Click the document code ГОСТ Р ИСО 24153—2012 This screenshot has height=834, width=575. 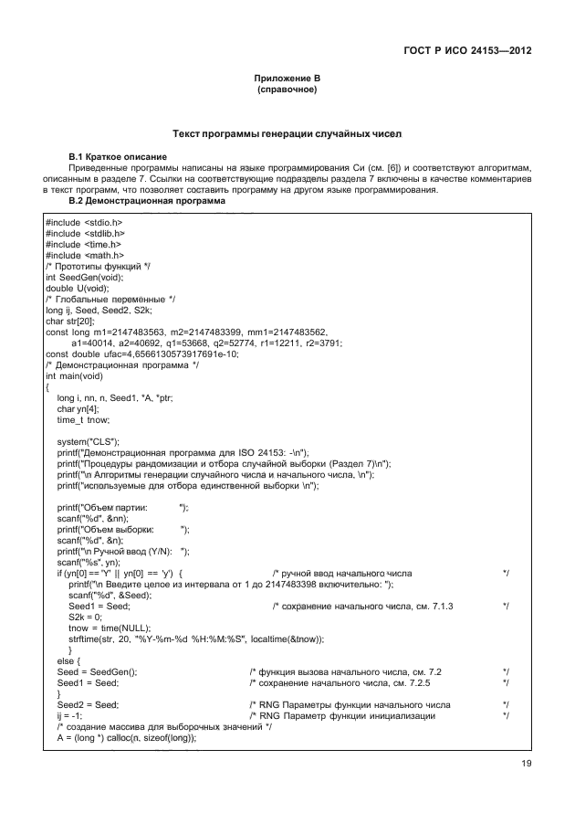[467, 52]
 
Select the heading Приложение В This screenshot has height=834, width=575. [287, 81]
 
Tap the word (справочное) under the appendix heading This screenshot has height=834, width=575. [287, 92]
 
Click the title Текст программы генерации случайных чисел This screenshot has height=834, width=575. [287, 135]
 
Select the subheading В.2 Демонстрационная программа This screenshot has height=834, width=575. [146, 201]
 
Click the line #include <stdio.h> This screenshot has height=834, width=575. [84, 223]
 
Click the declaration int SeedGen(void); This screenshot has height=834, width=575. [87, 278]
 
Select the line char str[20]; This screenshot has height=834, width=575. [71, 322]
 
